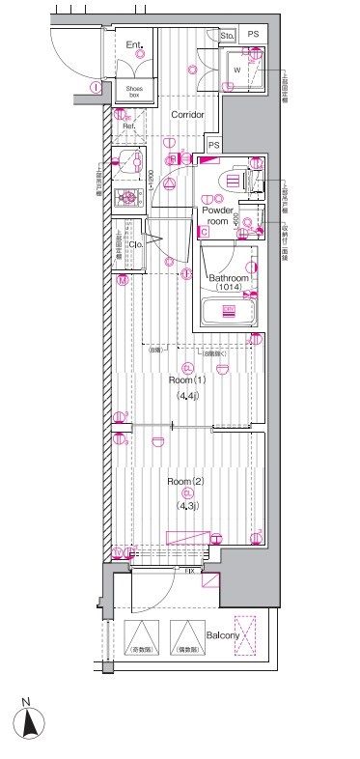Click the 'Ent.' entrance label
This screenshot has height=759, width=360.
(x=134, y=43)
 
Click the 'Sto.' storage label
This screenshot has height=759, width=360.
(x=229, y=37)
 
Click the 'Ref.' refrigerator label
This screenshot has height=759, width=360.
(x=128, y=125)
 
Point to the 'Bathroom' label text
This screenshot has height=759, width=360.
(x=229, y=278)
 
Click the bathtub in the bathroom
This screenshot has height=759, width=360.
(x=229, y=312)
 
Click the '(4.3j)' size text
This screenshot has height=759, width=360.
(x=186, y=506)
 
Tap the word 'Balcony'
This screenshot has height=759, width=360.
(x=224, y=634)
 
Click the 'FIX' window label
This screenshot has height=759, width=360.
(x=192, y=572)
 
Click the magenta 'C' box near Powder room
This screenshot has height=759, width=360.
(x=204, y=232)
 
